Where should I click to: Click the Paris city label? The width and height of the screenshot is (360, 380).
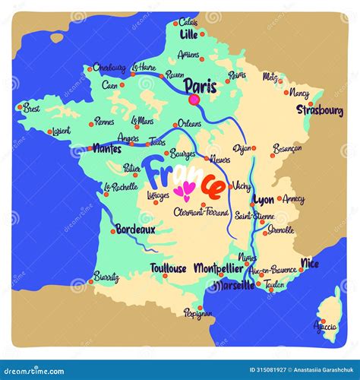pyautogui.click(x=201, y=86)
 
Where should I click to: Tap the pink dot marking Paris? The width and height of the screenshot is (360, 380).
pyautogui.click(x=194, y=100)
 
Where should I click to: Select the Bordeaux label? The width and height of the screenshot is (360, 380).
pyautogui.click(x=135, y=228)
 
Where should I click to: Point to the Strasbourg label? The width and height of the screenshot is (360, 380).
pyautogui.click(x=320, y=111)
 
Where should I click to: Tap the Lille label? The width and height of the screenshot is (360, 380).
pyautogui.click(x=189, y=34)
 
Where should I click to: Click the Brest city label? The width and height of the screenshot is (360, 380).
pyautogui.click(x=31, y=108)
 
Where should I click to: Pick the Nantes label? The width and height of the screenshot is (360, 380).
pyautogui.click(x=106, y=149)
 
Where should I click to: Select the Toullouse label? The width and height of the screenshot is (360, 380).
pyautogui.click(x=168, y=268)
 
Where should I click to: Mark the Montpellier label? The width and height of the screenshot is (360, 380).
pyautogui.click(x=219, y=268)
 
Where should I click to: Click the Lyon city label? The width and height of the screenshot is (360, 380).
pyautogui.click(x=264, y=200)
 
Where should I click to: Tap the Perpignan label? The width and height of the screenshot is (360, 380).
pyautogui.click(x=199, y=312)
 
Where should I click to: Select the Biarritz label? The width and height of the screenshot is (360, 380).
pyautogui.click(x=106, y=276)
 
